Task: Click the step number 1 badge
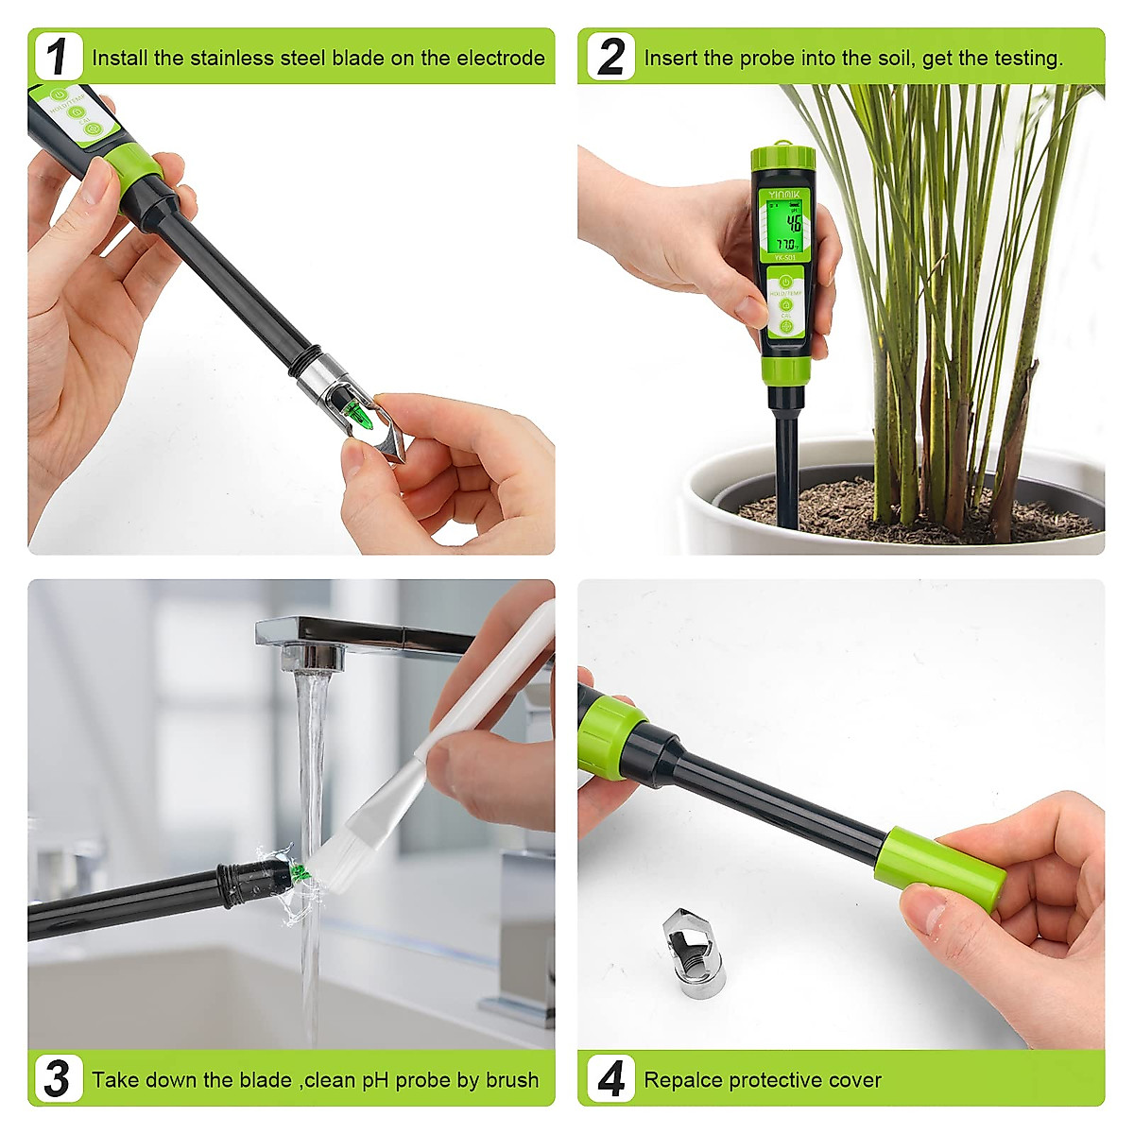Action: (x=59, y=57)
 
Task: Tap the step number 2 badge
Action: (x=610, y=57)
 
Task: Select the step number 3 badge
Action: (x=59, y=1078)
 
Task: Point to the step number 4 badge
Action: (x=610, y=1078)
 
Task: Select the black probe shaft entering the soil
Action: (x=786, y=463)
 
